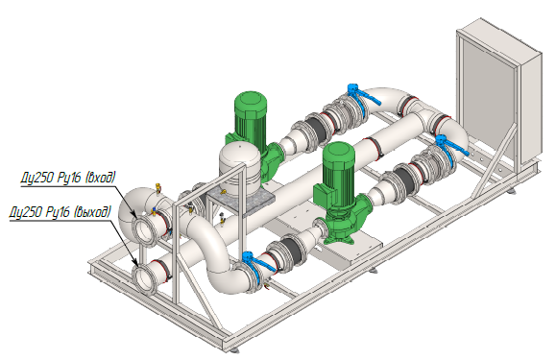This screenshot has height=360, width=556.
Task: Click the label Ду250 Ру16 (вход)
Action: [68, 178]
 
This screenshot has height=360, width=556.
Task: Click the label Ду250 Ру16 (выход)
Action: [60, 212]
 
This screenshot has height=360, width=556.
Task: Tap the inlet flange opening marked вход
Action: [144, 228]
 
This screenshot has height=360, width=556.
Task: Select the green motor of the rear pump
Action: [251, 117]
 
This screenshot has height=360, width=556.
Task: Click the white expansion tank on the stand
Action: [237, 162]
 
